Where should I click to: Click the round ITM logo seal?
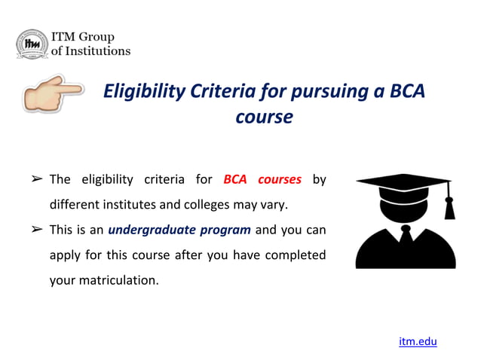click(x=32, y=44)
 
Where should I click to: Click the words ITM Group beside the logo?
click(x=82, y=37)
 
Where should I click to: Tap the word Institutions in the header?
click(x=97, y=51)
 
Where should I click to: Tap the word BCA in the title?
click(x=407, y=92)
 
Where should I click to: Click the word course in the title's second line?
click(x=264, y=117)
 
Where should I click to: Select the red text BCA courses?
click(x=262, y=179)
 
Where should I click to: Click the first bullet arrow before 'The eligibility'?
click(x=35, y=180)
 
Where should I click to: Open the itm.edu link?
click(x=418, y=341)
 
